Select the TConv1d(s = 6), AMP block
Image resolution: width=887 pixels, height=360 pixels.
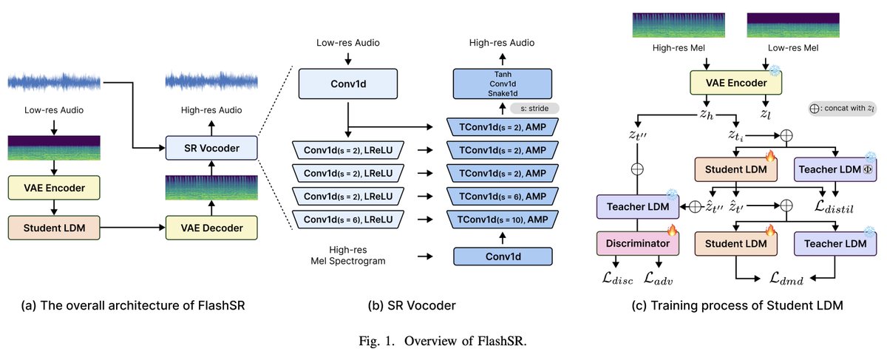(x=502, y=195)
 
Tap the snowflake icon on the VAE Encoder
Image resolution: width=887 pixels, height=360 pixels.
(x=775, y=70)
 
